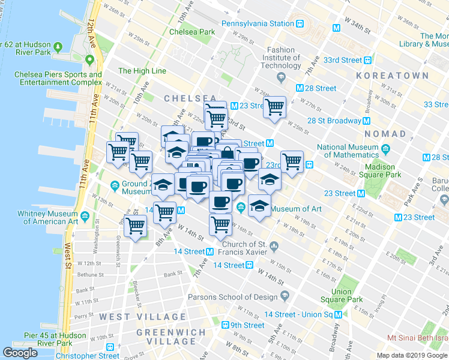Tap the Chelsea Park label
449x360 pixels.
(x=192, y=32)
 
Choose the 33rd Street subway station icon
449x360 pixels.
(x=367, y=61)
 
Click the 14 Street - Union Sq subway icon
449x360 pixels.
(x=339, y=314)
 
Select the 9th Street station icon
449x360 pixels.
(x=226, y=325)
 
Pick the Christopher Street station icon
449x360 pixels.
(x=110, y=347)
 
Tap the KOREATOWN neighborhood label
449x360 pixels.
(x=393, y=76)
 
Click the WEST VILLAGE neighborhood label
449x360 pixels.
(x=143, y=317)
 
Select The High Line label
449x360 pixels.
(x=142, y=71)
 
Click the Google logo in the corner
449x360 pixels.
(x=20, y=353)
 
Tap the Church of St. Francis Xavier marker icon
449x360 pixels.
(x=273, y=245)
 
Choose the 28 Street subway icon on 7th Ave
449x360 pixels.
(x=299, y=88)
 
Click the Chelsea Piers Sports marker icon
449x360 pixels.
(x=89, y=60)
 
